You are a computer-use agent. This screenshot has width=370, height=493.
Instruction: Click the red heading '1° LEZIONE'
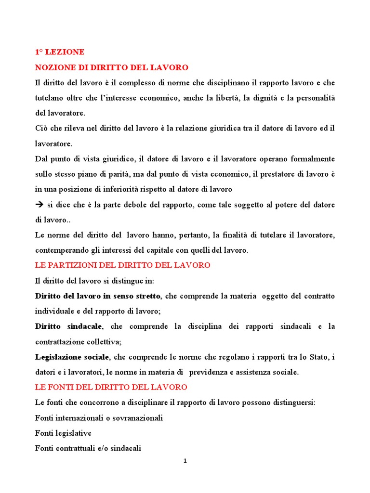(60, 52)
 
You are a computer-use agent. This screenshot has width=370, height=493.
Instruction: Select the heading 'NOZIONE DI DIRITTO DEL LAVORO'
(112, 67)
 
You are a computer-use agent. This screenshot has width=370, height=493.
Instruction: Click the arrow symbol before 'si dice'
(40, 205)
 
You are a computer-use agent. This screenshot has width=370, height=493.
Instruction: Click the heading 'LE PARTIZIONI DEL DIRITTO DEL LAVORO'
(123, 265)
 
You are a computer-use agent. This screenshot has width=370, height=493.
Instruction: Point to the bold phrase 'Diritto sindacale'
(68, 326)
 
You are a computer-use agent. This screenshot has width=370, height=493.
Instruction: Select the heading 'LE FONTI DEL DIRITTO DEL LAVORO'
(111, 387)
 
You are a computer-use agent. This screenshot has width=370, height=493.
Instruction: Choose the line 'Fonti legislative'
(63, 433)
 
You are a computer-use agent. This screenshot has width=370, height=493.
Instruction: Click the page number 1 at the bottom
(185, 461)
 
